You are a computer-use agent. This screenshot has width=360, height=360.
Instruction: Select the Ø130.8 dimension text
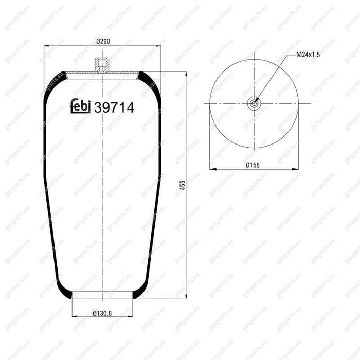[103, 311]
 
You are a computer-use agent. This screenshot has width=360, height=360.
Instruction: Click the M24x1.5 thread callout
[309, 54]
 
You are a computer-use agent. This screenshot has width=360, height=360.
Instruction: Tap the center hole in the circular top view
[254, 103]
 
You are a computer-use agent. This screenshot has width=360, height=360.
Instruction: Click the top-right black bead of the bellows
[149, 79]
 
